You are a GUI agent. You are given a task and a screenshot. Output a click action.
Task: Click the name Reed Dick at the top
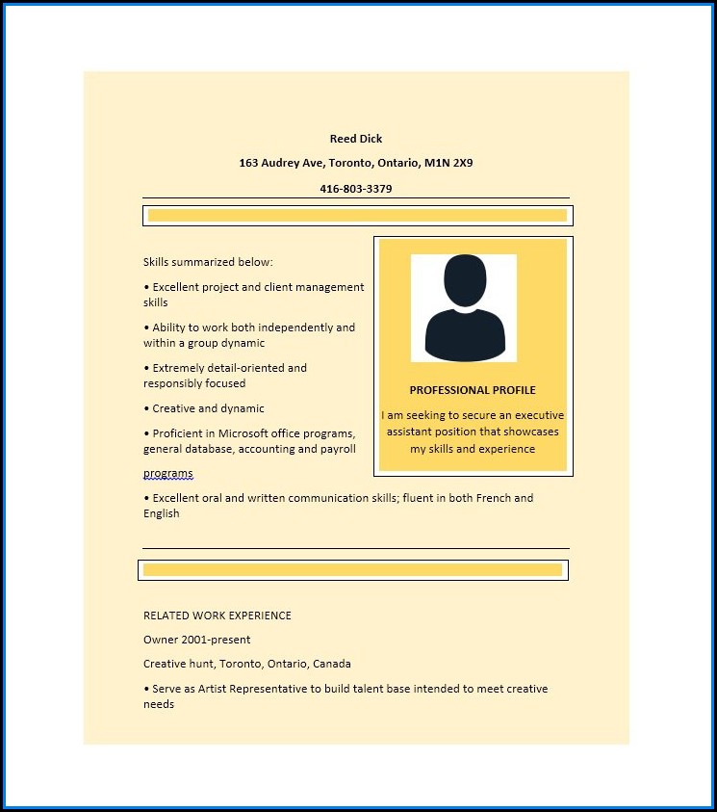[x=355, y=139]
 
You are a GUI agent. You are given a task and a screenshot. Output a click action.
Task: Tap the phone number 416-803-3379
[x=355, y=189]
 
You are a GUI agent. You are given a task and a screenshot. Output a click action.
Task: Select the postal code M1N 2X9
[x=448, y=164]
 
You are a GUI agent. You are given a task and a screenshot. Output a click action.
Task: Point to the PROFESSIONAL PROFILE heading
[x=473, y=390]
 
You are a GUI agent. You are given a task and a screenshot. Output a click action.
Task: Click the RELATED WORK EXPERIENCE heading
[x=218, y=616]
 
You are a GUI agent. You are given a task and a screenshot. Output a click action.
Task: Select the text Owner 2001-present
[x=196, y=640]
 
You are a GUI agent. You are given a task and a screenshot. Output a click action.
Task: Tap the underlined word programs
[x=168, y=474]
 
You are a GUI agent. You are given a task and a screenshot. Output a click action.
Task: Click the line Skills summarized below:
[x=208, y=262]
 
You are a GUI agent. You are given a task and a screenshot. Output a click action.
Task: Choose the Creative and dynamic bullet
[x=208, y=408]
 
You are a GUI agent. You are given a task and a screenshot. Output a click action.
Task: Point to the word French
[x=491, y=498]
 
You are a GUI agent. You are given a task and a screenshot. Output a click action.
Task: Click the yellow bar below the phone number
[x=357, y=216]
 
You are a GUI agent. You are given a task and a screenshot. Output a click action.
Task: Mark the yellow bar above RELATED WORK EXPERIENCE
[x=352, y=570]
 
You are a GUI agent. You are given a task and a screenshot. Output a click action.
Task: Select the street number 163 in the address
[x=248, y=164]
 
